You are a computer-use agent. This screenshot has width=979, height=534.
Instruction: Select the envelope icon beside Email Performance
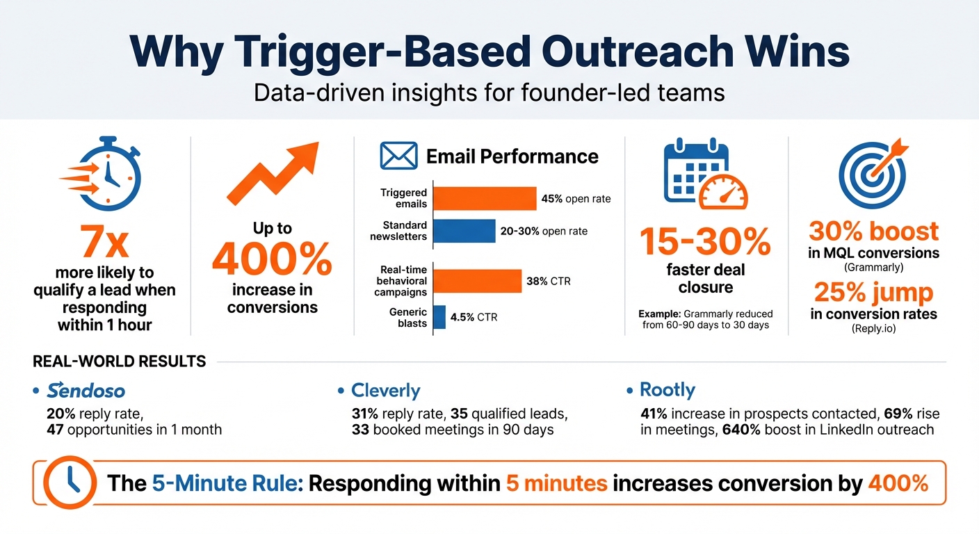point(398,156)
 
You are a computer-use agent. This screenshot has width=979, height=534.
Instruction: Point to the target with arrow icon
point(873,174)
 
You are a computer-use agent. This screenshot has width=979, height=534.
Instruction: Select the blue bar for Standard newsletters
point(464,231)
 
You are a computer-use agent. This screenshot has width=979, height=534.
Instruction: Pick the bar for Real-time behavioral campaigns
point(477,281)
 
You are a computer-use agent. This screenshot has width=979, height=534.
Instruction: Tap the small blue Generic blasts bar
point(439,317)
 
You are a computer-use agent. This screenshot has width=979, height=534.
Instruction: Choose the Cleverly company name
point(385,391)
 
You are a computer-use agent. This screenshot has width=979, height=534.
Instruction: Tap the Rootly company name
point(667,390)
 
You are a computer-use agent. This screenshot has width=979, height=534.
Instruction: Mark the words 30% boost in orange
point(873,232)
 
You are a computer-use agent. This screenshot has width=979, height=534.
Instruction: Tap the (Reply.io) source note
point(873,330)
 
